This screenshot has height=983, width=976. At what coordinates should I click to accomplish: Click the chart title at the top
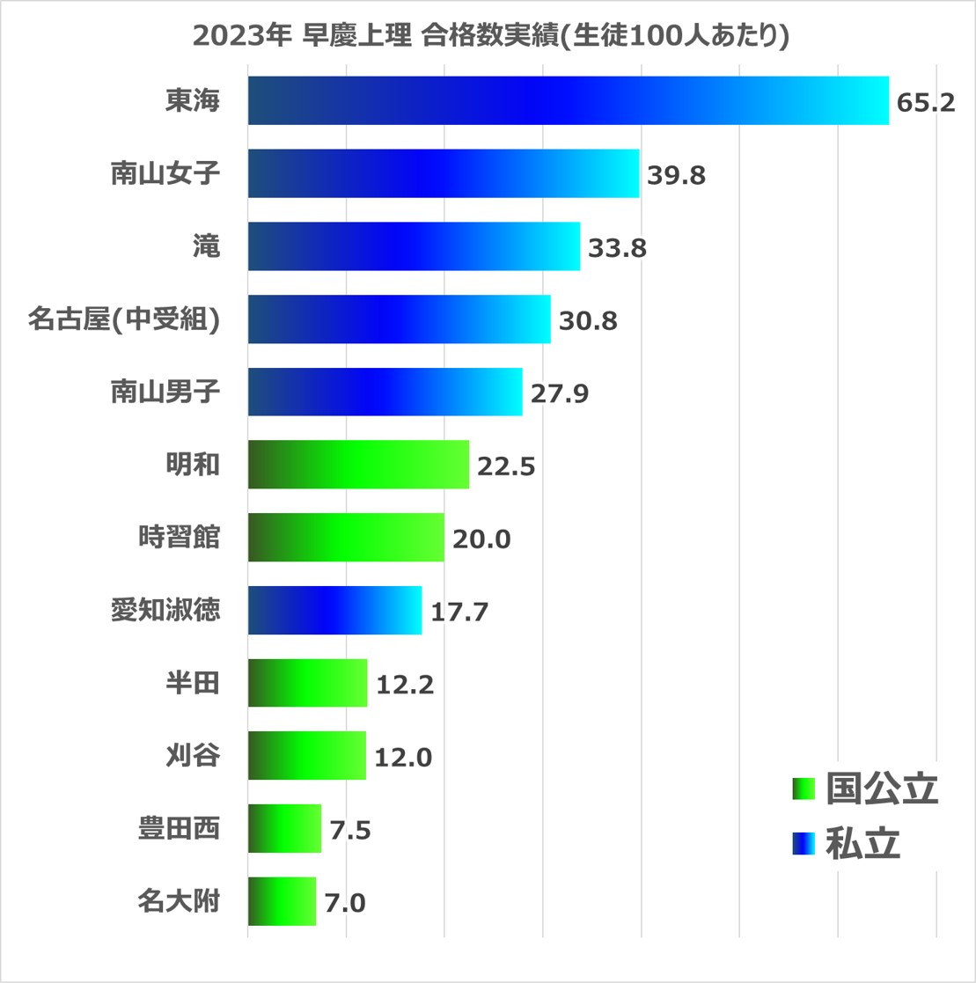coord(489,37)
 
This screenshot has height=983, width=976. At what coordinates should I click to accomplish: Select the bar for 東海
coord(568,100)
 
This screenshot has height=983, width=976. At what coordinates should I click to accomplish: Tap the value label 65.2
coord(925,102)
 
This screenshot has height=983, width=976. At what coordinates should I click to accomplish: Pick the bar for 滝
coord(414,246)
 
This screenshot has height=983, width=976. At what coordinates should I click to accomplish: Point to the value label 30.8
coord(587,320)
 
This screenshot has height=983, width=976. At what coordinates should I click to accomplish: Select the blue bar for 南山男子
coord(385,392)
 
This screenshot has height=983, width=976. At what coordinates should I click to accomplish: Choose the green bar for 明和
coord(358,465)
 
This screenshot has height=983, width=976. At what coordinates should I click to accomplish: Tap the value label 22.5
coord(506,466)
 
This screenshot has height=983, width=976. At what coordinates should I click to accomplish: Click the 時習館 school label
coord(179,538)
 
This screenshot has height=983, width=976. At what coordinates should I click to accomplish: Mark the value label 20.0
coord(481,539)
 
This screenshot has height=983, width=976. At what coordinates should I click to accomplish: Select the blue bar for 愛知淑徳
coord(334,610)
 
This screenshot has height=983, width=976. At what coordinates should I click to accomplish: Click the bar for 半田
coord(307,683)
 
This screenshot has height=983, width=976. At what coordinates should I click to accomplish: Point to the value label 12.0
coord(403,757)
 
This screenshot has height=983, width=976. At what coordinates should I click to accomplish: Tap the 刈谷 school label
coord(192,756)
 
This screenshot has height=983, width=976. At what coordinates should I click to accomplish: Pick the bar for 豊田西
coord(284,828)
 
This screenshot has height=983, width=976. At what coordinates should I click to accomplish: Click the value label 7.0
coord(345,903)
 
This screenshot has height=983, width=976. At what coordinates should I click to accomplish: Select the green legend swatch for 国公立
coord(804,789)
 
